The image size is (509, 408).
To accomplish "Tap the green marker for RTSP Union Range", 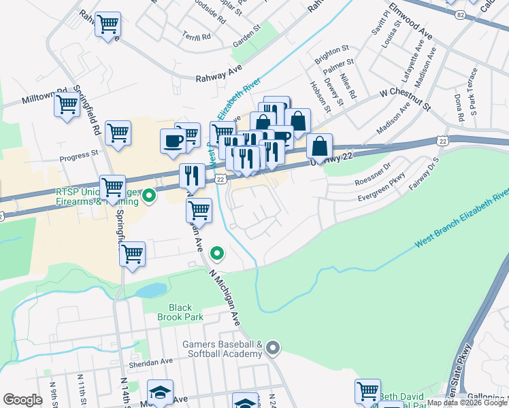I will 149,197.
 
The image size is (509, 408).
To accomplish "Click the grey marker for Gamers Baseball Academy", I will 274,348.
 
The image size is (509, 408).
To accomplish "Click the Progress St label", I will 79,156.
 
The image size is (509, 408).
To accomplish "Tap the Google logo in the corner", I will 22,400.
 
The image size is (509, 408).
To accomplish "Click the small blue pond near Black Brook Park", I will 150,290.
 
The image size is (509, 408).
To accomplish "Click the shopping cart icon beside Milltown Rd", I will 67,106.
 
